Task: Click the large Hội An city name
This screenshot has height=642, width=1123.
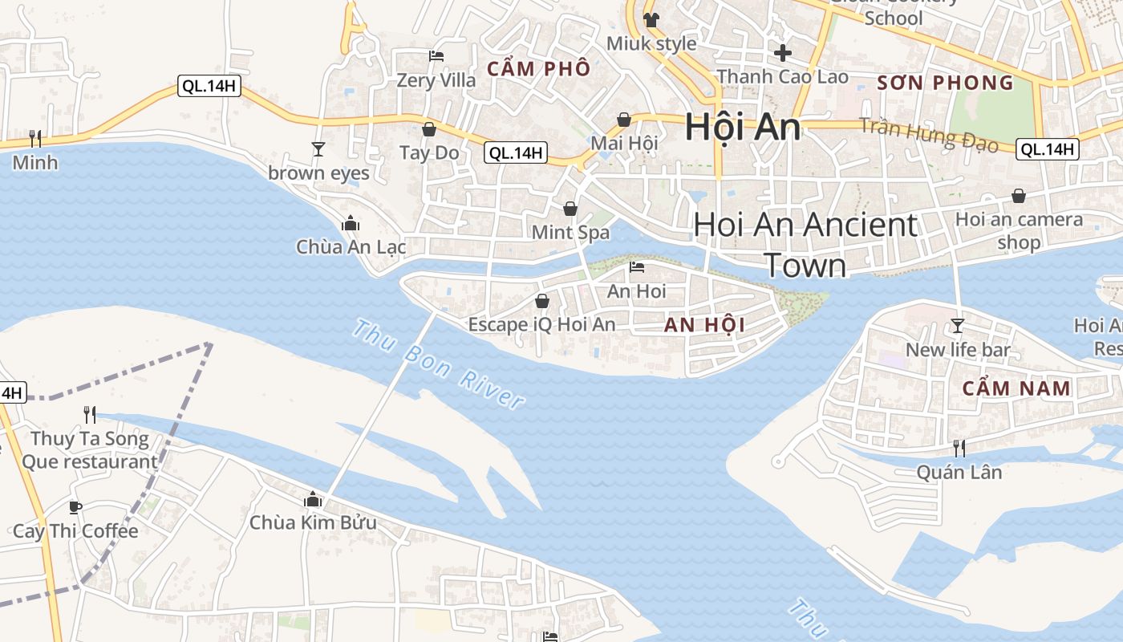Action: tap(742, 128)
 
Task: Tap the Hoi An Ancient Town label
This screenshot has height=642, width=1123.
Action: tap(805, 244)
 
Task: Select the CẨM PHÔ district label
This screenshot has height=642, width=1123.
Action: tap(539, 69)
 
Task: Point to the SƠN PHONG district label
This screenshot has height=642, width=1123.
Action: tap(945, 83)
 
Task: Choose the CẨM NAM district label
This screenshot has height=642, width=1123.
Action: tap(1016, 388)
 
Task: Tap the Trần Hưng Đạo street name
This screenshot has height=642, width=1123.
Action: tap(928, 135)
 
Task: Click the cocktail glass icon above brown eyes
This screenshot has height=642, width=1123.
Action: tap(318, 148)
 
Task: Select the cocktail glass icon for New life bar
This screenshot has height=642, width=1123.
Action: tap(957, 325)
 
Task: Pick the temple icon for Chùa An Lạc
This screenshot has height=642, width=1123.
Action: tap(351, 223)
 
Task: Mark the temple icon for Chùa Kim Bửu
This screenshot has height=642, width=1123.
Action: tap(313, 500)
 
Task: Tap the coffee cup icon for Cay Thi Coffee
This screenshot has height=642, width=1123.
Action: tap(75, 507)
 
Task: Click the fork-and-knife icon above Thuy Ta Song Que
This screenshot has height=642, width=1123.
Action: tap(90, 414)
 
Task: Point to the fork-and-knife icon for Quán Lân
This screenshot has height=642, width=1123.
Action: tap(959, 448)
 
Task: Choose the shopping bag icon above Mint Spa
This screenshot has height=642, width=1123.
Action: tap(570, 209)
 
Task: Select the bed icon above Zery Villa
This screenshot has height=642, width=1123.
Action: tap(436, 56)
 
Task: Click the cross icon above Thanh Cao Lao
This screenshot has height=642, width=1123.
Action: tap(782, 53)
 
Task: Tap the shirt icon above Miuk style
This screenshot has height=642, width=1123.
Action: tap(651, 19)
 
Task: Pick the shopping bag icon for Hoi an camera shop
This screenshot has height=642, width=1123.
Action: tap(1018, 195)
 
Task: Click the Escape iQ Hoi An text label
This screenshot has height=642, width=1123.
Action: tap(541, 324)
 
